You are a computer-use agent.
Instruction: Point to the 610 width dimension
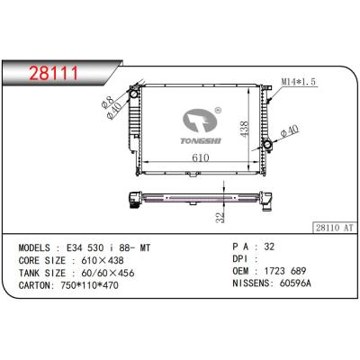200,157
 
